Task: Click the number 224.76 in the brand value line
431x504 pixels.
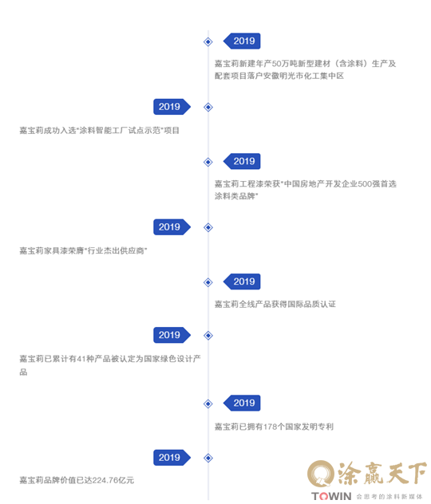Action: coord(105,480)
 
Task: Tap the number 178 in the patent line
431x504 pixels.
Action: coord(271,427)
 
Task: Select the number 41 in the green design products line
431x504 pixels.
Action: coord(81,359)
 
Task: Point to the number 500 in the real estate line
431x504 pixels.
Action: coord(365,184)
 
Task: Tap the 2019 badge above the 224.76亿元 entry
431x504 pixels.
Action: coord(172,458)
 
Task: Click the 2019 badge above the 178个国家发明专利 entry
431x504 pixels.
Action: coord(242,403)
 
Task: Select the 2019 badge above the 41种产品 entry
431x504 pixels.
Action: coord(172,335)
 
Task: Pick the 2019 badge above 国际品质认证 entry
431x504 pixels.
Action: coord(242,282)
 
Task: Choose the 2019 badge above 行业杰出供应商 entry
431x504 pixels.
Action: coord(172,227)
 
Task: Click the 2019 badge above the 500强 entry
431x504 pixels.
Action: coord(242,161)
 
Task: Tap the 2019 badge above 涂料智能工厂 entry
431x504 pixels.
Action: coord(172,107)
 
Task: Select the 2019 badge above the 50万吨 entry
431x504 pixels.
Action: coord(242,41)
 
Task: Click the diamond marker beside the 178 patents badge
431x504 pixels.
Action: coord(208,404)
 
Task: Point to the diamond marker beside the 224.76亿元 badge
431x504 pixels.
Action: coord(208,458)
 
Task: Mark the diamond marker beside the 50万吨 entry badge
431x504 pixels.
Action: coord(208,41)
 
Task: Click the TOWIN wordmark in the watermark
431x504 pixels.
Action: coord(331,496)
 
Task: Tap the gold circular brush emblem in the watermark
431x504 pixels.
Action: coord(320,474)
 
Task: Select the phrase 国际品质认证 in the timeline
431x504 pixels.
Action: coord(311,304)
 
